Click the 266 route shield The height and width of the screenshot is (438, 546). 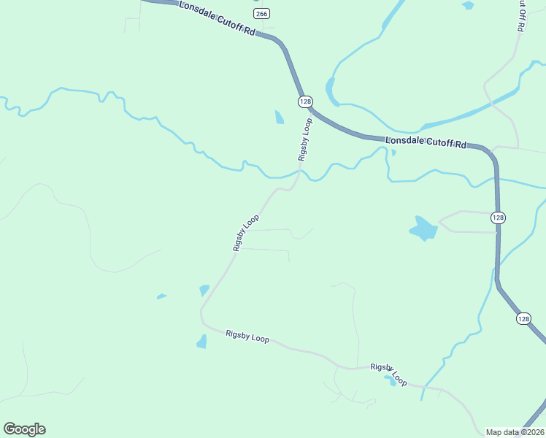tap(262, 13)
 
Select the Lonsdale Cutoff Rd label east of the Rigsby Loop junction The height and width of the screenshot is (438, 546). tap(426, 142)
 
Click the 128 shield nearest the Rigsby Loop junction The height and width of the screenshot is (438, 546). tap(304, 100)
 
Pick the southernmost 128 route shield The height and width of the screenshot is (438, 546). tap(523, 318)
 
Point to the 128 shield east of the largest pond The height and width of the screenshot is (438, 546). tap(498, 218)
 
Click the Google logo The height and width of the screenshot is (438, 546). tap(24, 429)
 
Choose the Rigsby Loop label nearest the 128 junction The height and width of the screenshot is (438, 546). tap(304, 139)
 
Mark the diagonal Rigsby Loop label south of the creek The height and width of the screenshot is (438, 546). tap(246, 233)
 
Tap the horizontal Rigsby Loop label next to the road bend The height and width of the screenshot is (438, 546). tap(247, 337)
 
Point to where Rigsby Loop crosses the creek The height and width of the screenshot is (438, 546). tap(299, 172)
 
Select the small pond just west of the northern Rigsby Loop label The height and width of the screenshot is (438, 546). tap(279, 117)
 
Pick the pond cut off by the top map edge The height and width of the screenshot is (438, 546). tap(468, 5)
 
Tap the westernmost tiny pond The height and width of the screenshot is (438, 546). tap(161, 296)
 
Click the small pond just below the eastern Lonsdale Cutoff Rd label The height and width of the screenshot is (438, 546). tap(393, 153)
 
